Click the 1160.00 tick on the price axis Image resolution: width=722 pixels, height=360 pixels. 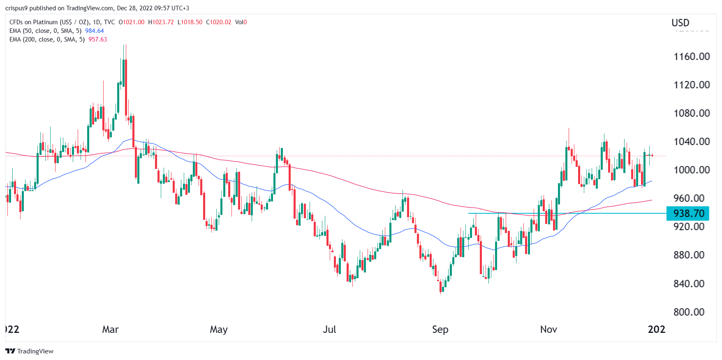(692, 56)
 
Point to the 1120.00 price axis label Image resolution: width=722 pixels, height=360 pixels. (692, 85)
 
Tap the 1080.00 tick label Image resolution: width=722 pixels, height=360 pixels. (692, 113)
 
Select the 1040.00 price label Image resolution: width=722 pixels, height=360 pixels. (692, 141)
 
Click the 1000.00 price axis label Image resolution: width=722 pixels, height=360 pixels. (692, 170)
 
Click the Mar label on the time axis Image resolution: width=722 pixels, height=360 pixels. (110, 330)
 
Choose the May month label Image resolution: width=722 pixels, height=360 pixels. (219, 330)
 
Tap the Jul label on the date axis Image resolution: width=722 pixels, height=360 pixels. (329, 330)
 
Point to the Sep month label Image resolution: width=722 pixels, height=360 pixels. (440, 330)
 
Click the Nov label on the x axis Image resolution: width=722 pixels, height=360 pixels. (548, 330)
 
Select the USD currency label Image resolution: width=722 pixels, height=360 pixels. (680, 23)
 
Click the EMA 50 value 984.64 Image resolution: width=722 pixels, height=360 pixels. (95, 31)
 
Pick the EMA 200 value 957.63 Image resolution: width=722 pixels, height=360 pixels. (97, 39)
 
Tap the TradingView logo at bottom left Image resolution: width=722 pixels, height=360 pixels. (29, 351)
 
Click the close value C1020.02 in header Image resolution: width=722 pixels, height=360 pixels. (219, 22)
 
